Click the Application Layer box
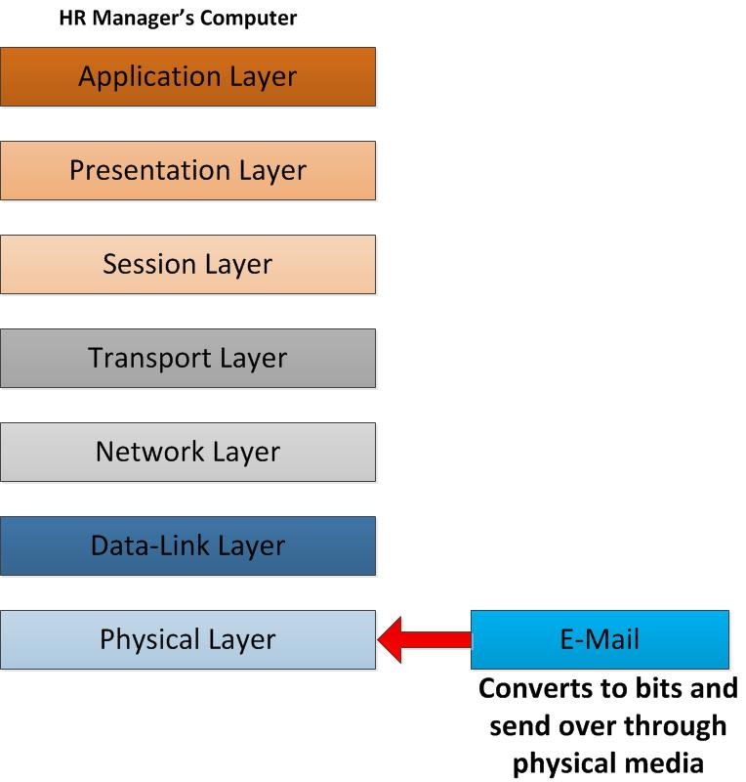point(187,76)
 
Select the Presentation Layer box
point(187,170)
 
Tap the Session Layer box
point(187,264)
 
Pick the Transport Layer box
point(187,358)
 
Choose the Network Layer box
point(187,452)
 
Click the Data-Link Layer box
point(187,545)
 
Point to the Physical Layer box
point(187,639)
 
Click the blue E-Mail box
point(600,639)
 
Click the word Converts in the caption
point(540,688)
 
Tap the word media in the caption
point(669,761)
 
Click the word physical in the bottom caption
point(567,761)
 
